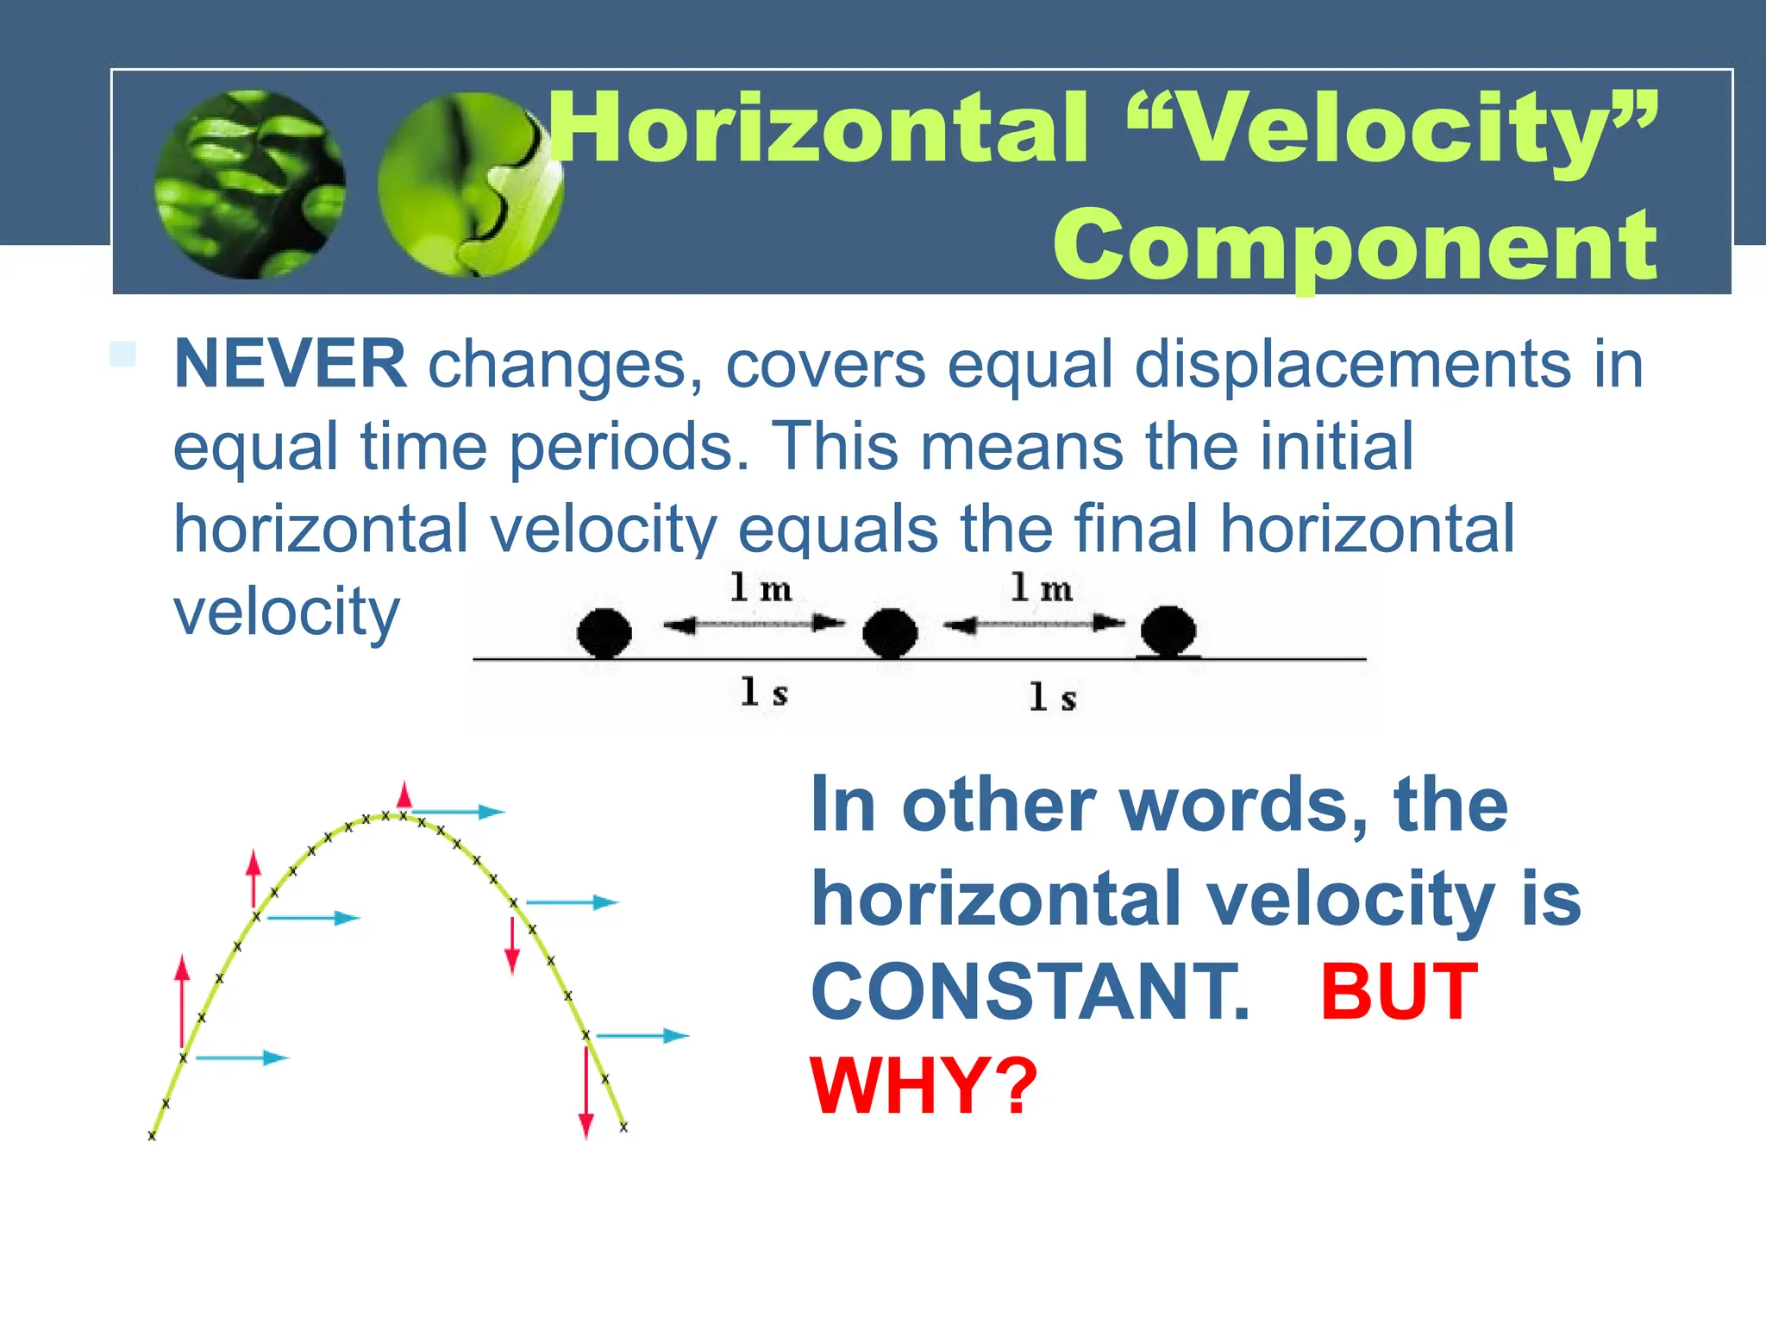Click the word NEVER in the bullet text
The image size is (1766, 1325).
pos(290,365)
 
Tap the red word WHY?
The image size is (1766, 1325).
pos(924,1086)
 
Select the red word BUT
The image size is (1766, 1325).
pos(1399,993)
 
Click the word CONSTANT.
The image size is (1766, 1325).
pos(1030,993)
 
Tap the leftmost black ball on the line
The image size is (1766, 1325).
pos(604,632)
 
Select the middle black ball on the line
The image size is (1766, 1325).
pos(890,632)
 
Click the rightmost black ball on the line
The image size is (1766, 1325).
pos(1168,630)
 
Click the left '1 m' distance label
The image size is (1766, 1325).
pos(760,589)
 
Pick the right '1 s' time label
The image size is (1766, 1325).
pos(1052,697)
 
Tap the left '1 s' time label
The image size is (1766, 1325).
pos(764,693)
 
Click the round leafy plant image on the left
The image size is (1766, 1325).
pos(249,185)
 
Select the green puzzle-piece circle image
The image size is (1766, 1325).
pos(470,185)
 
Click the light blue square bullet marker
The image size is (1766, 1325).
pos(122,355)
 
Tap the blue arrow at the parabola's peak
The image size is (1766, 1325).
pos(457,812)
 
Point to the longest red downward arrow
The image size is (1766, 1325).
pos(586,1091)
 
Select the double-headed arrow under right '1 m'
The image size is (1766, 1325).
pos(1034,624)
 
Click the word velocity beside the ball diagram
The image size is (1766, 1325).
pos(286,612)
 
